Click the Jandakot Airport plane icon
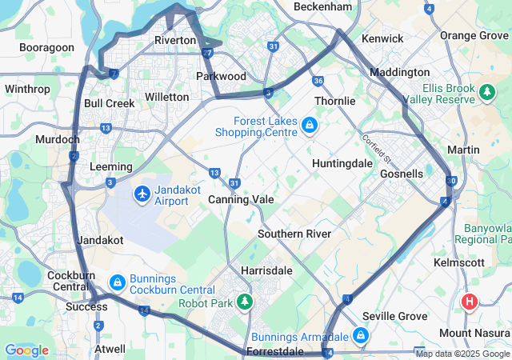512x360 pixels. coord(142,194)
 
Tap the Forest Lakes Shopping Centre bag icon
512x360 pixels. coord(309,126)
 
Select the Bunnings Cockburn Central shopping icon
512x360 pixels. coord(118,282)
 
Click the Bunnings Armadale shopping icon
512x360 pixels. coord(361,335)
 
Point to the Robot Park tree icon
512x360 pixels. coord(245,302)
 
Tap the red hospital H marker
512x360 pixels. coord(470,302)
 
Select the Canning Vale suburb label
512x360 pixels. coord(241,199)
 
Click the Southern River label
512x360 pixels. coord(294,234)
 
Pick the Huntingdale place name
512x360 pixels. coord(342,162)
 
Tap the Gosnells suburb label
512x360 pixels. coord(402,174)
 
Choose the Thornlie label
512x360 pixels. coord(334,102)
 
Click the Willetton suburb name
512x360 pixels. coord(167,97)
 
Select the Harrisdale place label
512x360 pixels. coord(266,270)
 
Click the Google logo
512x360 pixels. coord(26,350)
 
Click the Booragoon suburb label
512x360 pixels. coord(46,48)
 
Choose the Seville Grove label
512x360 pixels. coord(394,317)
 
